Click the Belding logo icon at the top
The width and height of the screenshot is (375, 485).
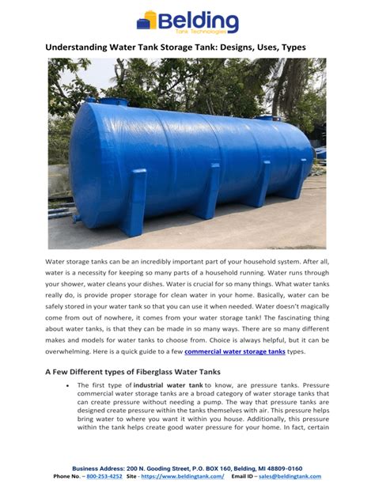pos(146,20)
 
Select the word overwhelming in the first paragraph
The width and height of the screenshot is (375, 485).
pos(75,350)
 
